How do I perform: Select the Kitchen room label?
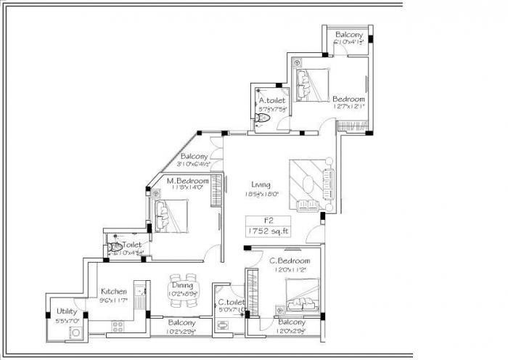(x=114, y=291)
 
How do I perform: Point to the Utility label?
(x=67, y=311)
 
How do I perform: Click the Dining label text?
(x=182, y=285)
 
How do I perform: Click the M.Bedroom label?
(x=187, y=181)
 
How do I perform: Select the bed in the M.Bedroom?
(x=171, y=216)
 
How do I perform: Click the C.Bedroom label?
(x=290, y=261)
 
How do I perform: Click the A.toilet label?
(x=272, y=101)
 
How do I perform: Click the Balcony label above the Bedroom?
(x=349, y=34)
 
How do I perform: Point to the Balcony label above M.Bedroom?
(x=194, y=156)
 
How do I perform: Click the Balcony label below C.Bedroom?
(x=291, y=322)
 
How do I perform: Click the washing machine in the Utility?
(x=74, y=333)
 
